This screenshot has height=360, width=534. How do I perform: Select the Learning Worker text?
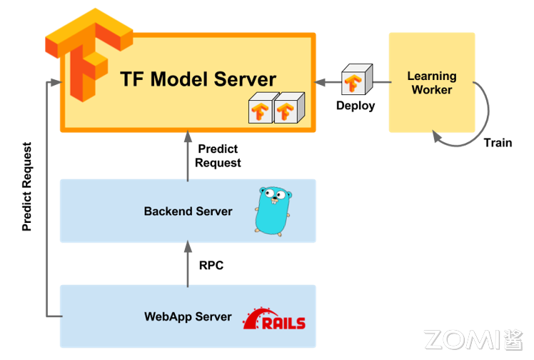(x=432, y=83)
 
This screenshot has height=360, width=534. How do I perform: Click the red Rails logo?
(x=274, y=320)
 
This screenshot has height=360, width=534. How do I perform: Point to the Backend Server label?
(x=188, y=211)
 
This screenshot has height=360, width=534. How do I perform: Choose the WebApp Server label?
(x=188, y=316)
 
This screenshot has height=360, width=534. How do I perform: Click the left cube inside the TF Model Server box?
(x=261, y=109)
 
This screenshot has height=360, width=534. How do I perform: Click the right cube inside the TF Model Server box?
(x=288, y=109)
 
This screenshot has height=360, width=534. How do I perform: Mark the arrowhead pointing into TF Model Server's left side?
(x=51, y=83)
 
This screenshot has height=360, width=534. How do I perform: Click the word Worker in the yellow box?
(x=432, y=90)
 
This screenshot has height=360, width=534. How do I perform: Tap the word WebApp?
(x=167, y=316)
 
